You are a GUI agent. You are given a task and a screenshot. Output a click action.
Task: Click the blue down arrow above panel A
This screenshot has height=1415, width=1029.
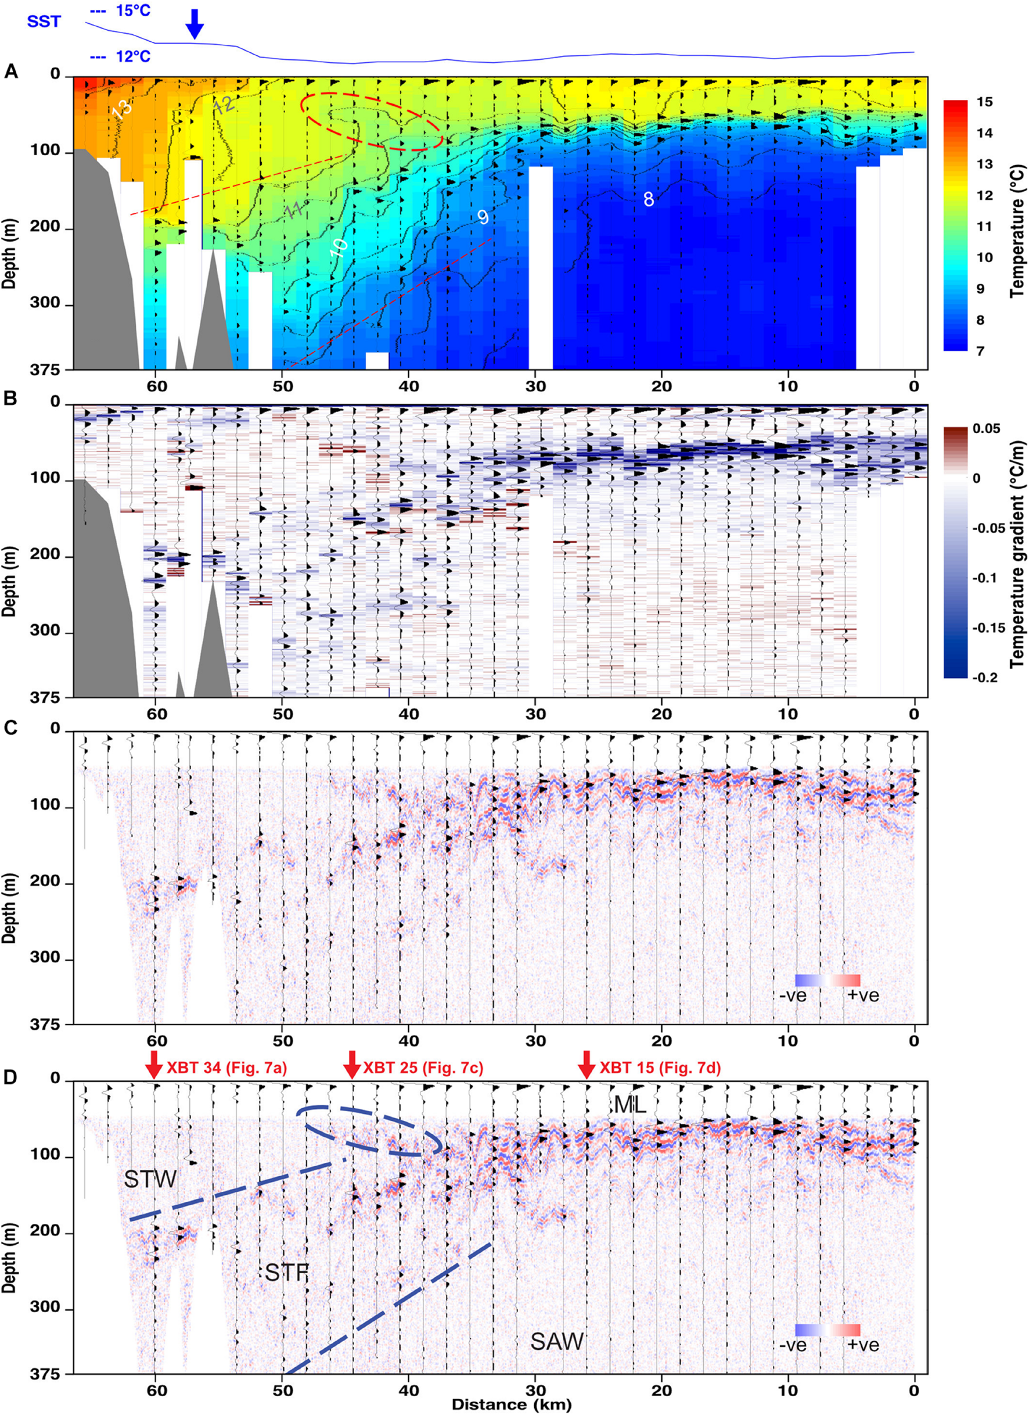tap(195, 24)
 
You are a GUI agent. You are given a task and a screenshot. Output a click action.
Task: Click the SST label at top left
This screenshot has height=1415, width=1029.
tap(44, 22)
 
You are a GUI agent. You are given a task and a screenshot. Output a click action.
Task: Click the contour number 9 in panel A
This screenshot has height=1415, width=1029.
tap(483, 217)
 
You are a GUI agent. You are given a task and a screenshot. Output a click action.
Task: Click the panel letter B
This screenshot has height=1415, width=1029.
tap(10, 397)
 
